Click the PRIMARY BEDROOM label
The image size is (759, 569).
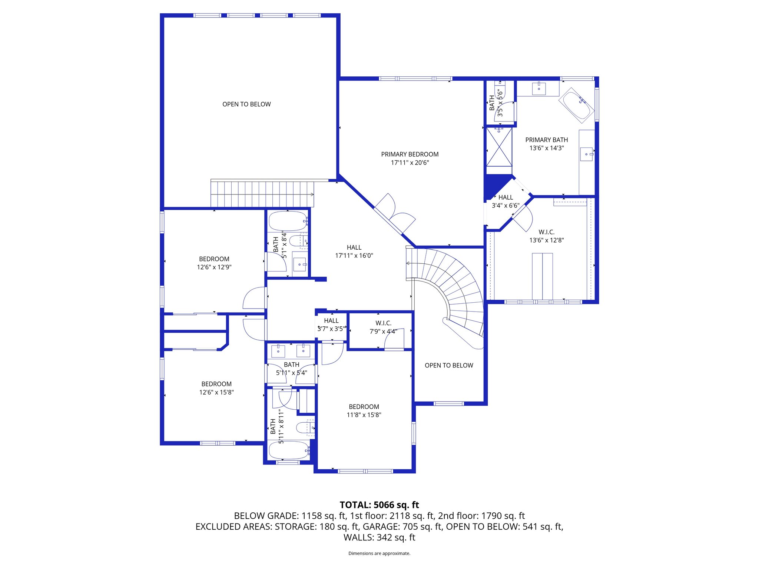coord(410,154)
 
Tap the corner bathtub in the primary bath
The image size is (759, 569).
coord(576,105)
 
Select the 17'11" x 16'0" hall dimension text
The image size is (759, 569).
coord(354,256)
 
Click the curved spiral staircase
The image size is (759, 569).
coord(456,289)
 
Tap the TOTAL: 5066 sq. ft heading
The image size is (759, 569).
coord(379,505)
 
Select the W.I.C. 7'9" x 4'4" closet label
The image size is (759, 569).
coord(383,327)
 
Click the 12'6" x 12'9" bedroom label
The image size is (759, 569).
coord(214,267)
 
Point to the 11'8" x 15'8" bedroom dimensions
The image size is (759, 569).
coord(364,415)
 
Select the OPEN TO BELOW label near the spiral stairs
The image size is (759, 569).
coord(449,365)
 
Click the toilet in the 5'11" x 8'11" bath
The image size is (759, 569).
coord(305,428)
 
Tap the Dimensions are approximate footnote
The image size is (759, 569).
coord(379,553)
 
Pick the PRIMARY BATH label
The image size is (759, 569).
coord(546,140)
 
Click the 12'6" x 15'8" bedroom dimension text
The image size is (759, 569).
coord(216,392)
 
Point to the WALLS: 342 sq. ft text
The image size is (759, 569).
coord(379,537)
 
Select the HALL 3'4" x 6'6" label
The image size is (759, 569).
coord(506,202)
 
